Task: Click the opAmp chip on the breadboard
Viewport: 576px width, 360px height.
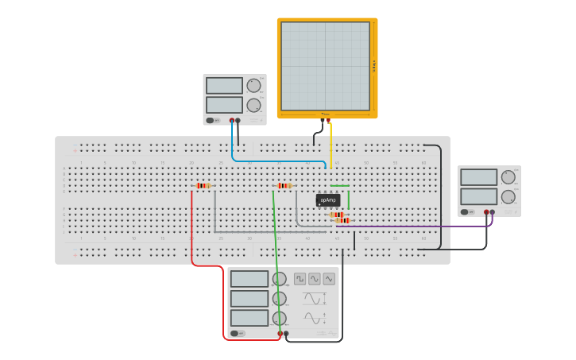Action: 327,200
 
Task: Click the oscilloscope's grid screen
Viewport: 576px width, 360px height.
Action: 325,66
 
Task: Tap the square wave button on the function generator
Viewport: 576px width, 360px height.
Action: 300,279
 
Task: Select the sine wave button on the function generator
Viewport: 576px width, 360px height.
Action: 315,279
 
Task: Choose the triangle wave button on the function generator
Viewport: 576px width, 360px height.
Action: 329,279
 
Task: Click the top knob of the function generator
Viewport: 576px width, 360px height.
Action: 279,279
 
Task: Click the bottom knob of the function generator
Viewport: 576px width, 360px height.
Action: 279,318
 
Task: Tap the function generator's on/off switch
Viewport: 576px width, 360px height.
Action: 236,334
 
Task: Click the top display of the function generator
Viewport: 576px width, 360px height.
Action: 249,279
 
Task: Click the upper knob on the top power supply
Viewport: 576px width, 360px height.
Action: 253,86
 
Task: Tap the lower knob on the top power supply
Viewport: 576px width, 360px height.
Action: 253,105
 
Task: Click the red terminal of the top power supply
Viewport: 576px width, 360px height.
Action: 232,121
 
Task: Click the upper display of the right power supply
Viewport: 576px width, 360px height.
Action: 478,177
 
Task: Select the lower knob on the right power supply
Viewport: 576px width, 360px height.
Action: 508,196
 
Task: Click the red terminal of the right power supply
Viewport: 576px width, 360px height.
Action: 486,212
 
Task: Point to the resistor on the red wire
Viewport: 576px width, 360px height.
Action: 203,186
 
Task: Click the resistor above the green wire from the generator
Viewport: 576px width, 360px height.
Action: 284,186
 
